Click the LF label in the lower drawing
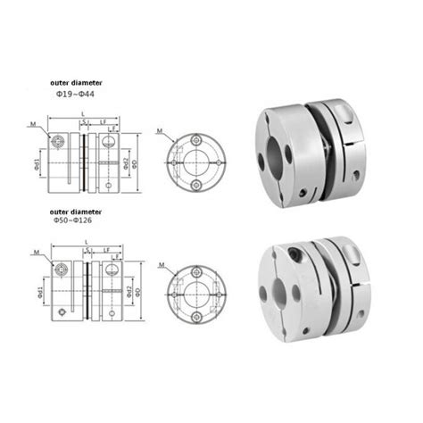tap(106, 249)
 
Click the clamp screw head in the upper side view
tap(59, 140)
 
